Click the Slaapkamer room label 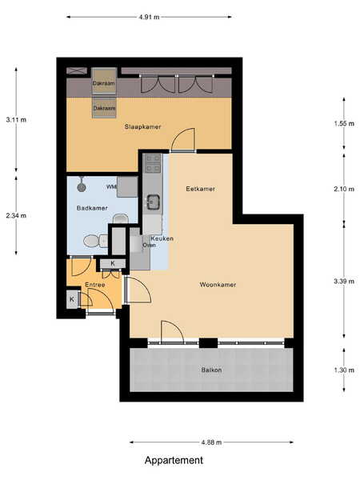click(x=142, y=126)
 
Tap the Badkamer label click(x=92, y=208)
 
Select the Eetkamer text click(x=201, y=189)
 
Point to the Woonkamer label click(x=218, y=285)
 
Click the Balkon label click(x=211, y=370)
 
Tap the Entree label click(x=95, y=285)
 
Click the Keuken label click(x=162, y=238)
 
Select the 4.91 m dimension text click(x=149, y=17)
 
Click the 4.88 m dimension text click(x=211, y=442)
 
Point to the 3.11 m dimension click(x=16, y=120)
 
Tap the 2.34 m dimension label click(x=16, y=215)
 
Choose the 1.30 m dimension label click(x=344, y=370)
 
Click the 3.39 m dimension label click(x=344, y=281)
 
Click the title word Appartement click(x=174, y=460)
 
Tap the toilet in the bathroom click(x=95, y=241)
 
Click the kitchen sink click(x=153, y=202)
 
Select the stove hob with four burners click(x=153, y=163)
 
